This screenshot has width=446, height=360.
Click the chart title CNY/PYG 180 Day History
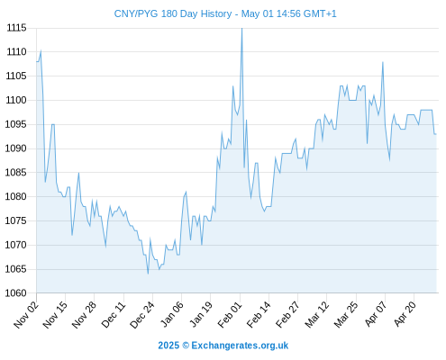pyautogui.click(x=173, y=14)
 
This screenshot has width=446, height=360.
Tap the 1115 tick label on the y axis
pyautogui.click(x=16, y=28)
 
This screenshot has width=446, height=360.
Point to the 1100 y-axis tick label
pyautogui.click(x=16, y=100)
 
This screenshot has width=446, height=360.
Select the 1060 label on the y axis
pyautogui.click(x=15, y=293)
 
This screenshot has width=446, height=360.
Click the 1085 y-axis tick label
pyautogui.click(x=15, y=173)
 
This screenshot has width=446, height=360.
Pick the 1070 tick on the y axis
pyautogui.click(x=15, y=245)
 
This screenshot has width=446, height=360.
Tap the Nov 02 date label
pyautogui.click(x=26, y=315)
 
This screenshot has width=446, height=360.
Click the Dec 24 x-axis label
pyautogui.click(x=142, y=315)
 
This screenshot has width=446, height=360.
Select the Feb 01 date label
pyautogui.click(x=230, y=315)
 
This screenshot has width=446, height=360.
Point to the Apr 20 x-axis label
pyautogui.click(x=405, y=314)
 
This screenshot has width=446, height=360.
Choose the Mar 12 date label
pyautogui.click(x=317, y=315)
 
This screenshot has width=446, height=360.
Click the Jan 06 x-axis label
pyautogui.click(x=172, y=314)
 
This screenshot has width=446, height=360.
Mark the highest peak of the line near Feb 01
pyautogui.click(x=242, y=28)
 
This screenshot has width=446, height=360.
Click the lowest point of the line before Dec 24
pyautogui.click(x=148, y=274)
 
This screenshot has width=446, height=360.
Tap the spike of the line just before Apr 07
pyautogui.click(x=383, y=62)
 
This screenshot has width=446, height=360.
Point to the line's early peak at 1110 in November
pyautogui.click(x=41, y=50)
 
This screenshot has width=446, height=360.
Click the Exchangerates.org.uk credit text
pyautogui.click(x=240, y=346)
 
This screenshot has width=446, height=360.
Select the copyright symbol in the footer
pyautogui.click(x=186, y=346)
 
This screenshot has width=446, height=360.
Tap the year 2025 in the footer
pyautogui.click(x=168, y=346)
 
